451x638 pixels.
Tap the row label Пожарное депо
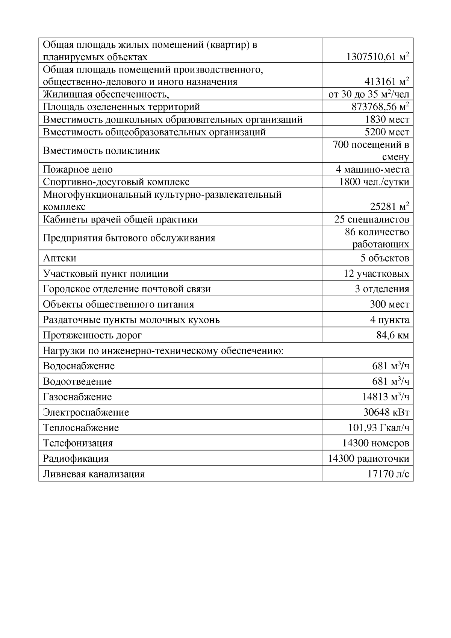(x=78, y=170)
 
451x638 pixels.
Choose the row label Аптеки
(x=59, y=258)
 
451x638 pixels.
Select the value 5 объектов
(x=384, y=258)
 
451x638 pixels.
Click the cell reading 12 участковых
(x=376, y=274)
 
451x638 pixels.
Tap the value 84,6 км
(x=393, y=335)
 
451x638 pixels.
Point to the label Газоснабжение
(x=77, y=397)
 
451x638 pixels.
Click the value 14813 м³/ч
(x=386, y=397)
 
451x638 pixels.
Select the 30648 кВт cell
(x=386, y=412)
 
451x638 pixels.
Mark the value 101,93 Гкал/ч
(x=379, y=428)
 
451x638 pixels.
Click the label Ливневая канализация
(x=94, y=474)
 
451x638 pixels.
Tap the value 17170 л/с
(x=388, y=474)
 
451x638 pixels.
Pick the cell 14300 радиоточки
(x=368, y=459)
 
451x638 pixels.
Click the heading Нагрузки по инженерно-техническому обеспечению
(x=163, y=351)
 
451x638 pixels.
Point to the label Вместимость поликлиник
(x=101, y=151)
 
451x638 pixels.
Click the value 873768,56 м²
(x=380, y=107)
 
